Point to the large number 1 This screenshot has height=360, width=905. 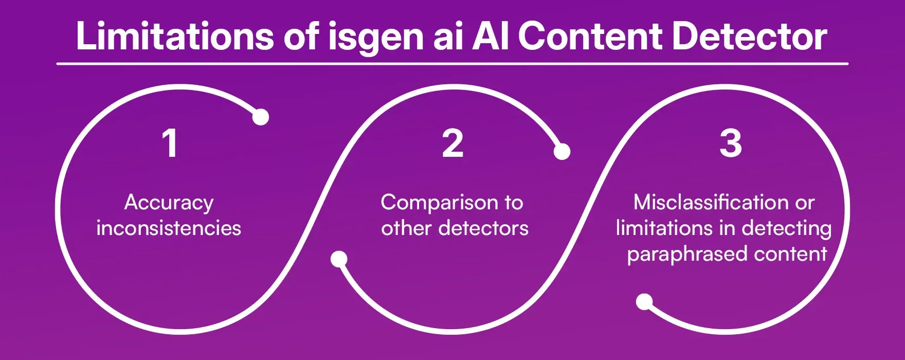170,143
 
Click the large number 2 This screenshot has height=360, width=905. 452,143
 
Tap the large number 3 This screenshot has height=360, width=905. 730,143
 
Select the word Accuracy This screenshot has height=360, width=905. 169,203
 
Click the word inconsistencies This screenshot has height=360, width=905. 169,228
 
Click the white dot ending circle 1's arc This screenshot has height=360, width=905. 261,117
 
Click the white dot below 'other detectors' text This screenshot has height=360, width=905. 338,259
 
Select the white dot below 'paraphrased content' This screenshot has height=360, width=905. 644,302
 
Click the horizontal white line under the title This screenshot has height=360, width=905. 452,64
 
